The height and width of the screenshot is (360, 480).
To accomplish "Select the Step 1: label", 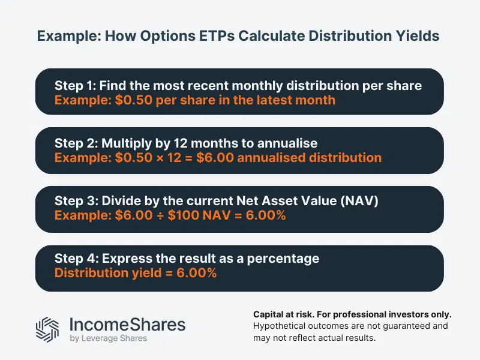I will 76,85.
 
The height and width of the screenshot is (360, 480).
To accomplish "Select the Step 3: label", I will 76,202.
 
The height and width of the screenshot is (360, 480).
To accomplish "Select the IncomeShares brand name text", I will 128,324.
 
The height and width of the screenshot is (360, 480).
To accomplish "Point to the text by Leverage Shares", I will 109,338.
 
